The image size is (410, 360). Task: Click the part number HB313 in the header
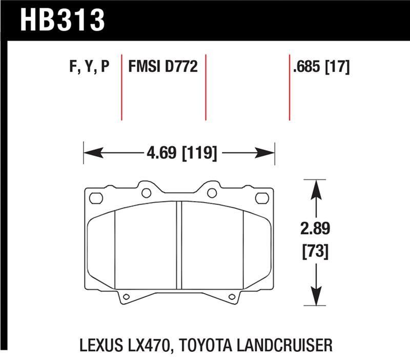point(63,20)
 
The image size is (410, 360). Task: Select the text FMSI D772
point(163,67)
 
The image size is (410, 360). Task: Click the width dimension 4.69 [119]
point(179,152)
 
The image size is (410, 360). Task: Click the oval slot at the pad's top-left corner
point(95,197)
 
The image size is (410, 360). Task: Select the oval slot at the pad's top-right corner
point(262,197)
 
